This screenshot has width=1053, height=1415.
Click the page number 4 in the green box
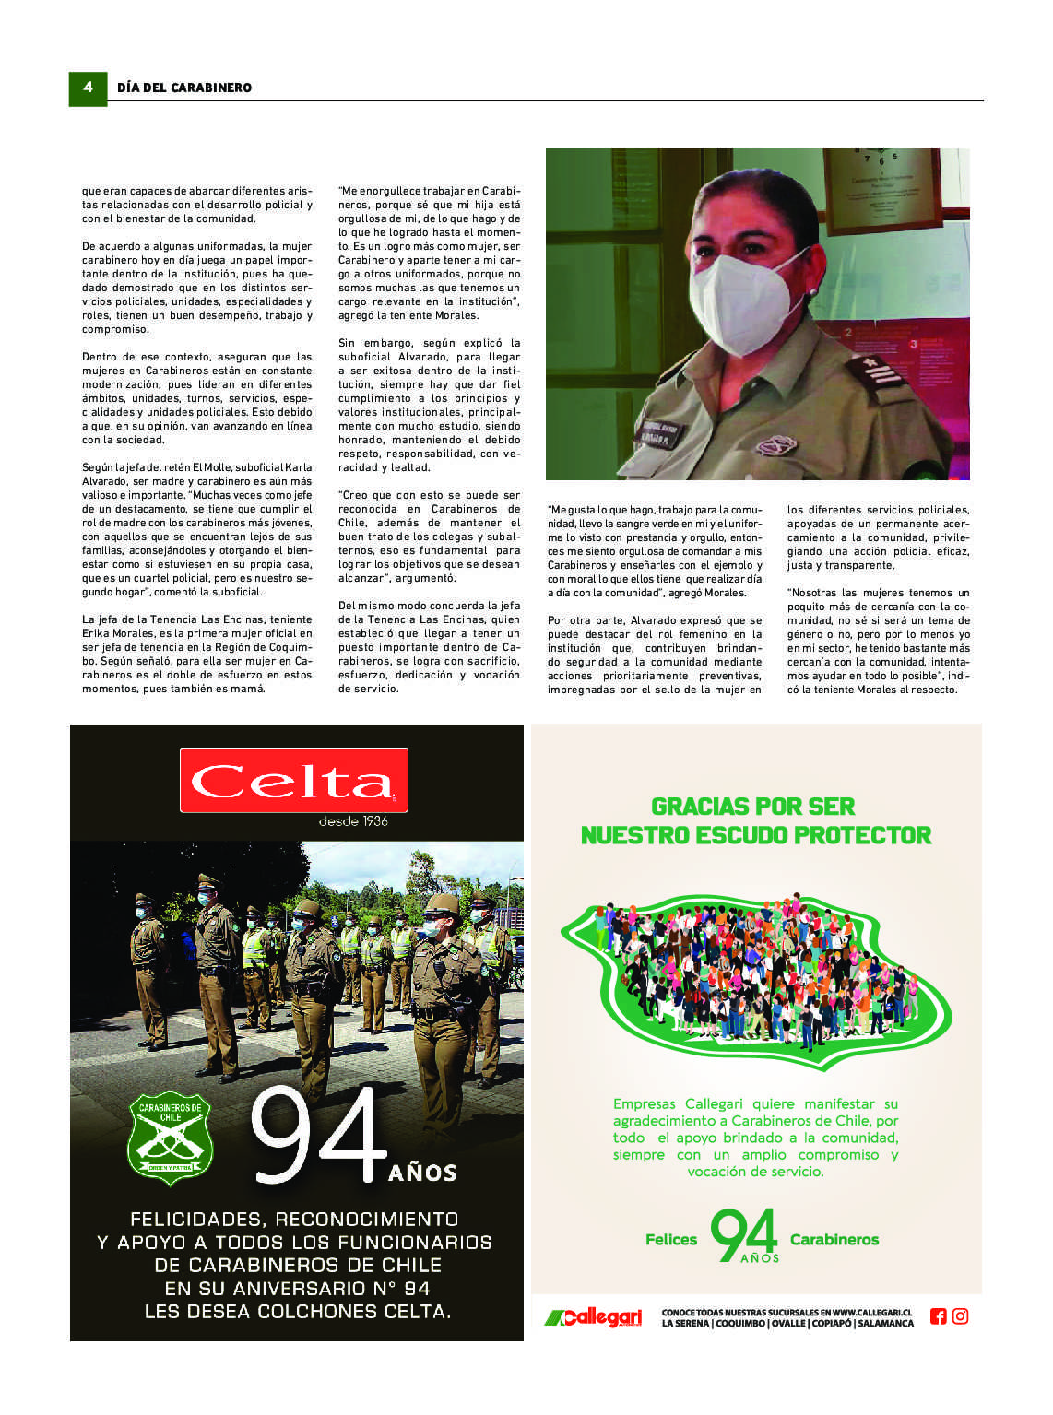click(88, 88)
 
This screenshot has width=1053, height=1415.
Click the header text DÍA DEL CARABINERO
click(184, 88)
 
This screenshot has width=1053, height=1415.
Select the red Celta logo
click(293, 781)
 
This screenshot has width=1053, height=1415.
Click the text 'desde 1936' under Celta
click(353, 821)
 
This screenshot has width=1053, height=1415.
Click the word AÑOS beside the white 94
click(422, 1173)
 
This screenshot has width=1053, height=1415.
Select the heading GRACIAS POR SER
click(753, 807)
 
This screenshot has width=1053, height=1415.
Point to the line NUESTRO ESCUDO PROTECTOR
click(756, 835)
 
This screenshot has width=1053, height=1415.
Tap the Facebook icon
click(938, 1316)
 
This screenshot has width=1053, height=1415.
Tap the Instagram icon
click(960, 1316)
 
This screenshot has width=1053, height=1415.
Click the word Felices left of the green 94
click(671, 1240)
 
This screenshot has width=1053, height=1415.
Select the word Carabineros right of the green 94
click(834, 1240)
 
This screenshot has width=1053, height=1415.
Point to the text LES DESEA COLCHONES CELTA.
click(298, 1312)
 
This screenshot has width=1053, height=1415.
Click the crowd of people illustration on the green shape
click(756, 968)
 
